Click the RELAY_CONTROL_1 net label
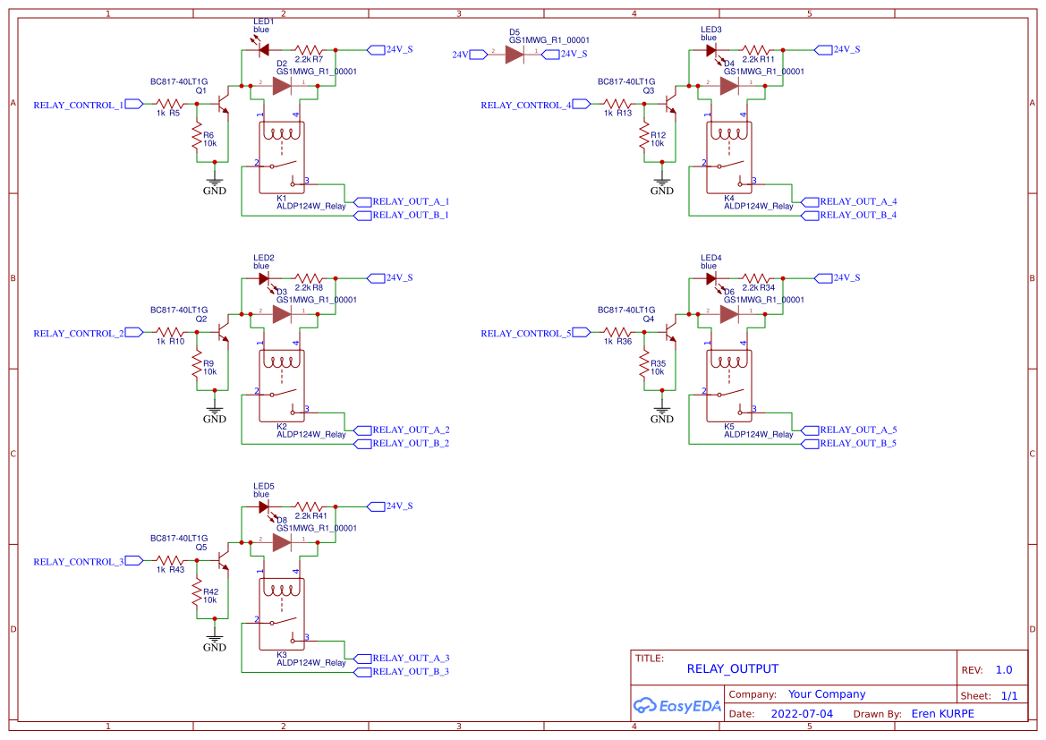pos(79,105)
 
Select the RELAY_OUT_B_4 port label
pos(857,216)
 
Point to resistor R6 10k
pos(196,139)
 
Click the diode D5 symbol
pos(514,55)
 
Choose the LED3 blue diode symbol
pos(712,51)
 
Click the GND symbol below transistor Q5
pos(214,642)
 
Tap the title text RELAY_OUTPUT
pos(732,668)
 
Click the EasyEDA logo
pos(676,705)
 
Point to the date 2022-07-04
pos(801,714)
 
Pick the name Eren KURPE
pos(942,714)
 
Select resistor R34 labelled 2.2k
pos(756,278)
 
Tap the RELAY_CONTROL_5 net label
pos(526,333)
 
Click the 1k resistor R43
pos(169,560)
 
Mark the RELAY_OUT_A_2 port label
pos(410,430)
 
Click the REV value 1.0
pos(1003,669)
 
